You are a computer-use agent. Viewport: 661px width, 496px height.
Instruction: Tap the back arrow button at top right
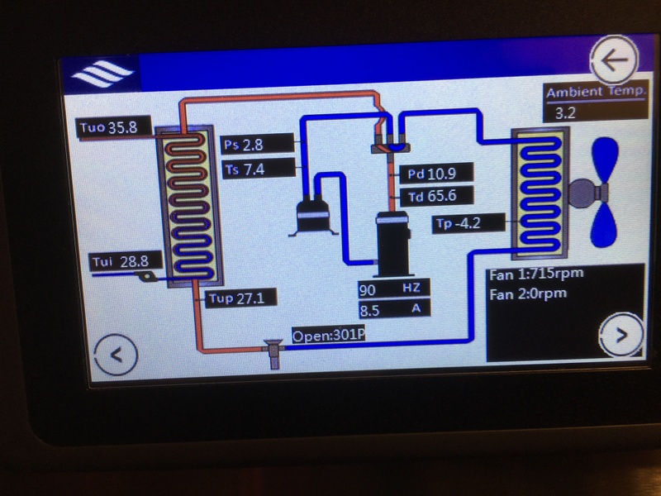coord(616,60)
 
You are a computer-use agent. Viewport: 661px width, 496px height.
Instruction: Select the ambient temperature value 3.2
coord(566,112)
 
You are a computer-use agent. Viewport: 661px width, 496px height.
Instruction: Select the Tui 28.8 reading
coord(120,261)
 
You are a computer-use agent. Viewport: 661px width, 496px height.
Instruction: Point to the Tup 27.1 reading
coord(234,298)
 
